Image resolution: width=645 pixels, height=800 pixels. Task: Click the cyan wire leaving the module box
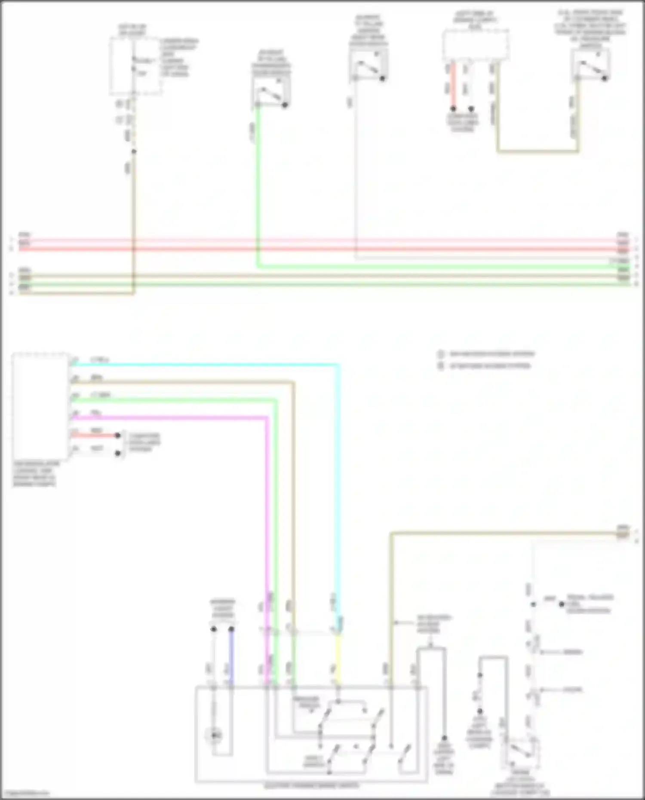pos(206,365)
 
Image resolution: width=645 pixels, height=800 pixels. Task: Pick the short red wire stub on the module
pos(97,435)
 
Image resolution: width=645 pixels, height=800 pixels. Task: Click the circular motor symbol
pos(215,736)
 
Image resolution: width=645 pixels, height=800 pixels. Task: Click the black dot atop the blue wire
pos(231,629)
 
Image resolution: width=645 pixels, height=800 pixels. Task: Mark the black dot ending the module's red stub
pos(117,435)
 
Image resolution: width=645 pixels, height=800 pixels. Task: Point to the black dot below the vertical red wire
pos(453,109)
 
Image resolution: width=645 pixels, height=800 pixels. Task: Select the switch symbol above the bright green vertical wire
pos(271,92)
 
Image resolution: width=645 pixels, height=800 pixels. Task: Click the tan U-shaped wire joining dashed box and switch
pos(537,151)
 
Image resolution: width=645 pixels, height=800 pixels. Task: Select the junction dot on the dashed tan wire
pos(134,151)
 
